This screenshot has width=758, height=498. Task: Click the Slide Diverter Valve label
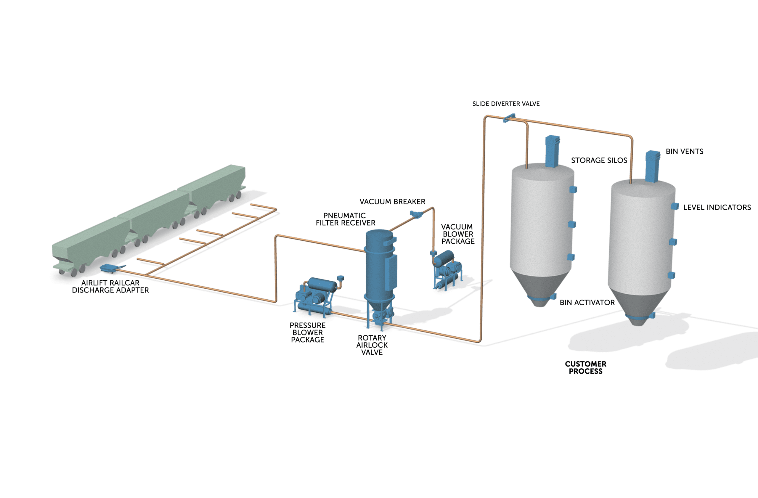[506, 104]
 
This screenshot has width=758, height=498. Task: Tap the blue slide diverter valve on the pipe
[509, 118]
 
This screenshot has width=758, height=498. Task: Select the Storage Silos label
[599, 160]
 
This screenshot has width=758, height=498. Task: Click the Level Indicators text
[717, 208]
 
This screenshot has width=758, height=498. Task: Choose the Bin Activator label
[587, 303]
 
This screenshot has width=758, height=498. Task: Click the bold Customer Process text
[585, 367]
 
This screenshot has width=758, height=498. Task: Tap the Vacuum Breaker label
[392, 202]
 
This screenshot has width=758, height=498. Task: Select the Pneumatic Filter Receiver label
[345, 219]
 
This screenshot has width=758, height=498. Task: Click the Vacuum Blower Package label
[458, 234]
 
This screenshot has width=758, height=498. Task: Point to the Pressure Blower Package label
[307, 332]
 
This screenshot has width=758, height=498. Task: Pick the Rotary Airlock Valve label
[372, 345]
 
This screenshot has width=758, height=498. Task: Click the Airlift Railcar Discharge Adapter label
[110, 287]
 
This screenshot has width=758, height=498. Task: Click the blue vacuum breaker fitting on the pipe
[416, 215]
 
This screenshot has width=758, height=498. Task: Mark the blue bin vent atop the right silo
[652, 166]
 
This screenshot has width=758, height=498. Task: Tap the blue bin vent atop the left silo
[552, 151]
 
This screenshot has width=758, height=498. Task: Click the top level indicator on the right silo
[674, 206]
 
